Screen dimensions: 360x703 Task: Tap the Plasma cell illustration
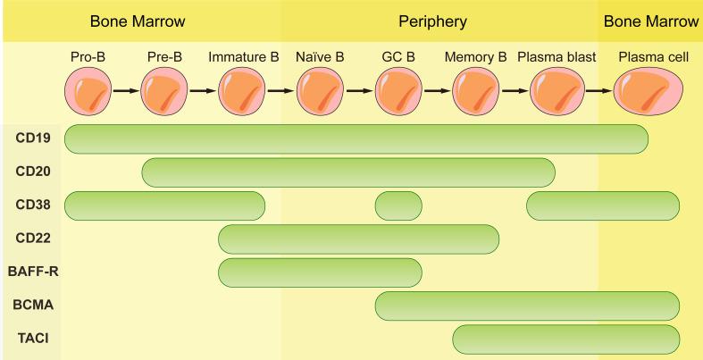(649, 91)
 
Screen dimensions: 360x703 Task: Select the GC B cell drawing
(398, 91)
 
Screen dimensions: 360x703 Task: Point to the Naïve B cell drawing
(320, 91)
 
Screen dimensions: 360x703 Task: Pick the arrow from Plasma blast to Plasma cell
(599, 91)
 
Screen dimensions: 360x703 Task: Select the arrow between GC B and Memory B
(437, 91)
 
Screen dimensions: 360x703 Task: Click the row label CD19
(31, 138)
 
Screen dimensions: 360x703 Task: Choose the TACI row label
(31, 339)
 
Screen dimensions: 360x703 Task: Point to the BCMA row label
(31, 306)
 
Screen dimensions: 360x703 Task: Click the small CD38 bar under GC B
(398, 205)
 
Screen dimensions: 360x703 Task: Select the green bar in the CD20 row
(348, 172)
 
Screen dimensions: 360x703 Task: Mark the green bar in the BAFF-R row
(320, 272)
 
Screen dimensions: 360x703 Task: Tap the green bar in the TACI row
(566, 339)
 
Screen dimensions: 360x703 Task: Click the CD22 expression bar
(358, 239)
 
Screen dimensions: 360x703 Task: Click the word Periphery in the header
(432, 21)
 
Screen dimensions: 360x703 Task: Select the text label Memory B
(475, 57)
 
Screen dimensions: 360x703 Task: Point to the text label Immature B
(243, 57)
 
